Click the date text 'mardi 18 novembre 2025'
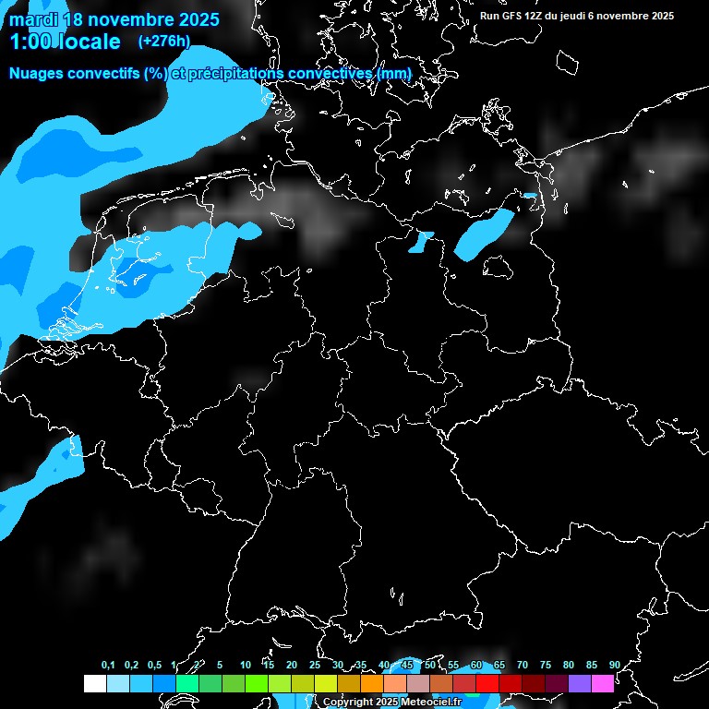[x=114, y=19]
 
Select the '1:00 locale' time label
[x=65, y=42]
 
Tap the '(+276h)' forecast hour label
[x=163, y=41]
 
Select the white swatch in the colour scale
[x=94, y=683]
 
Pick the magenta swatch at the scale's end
[x=603, y=683]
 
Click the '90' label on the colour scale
[x=615, y=665]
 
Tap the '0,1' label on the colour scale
[x=108, y=665]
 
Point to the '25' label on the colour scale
[x=315, y=665]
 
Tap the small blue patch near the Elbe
[x=421, y=242]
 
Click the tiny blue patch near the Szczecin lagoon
[x=529, y=196]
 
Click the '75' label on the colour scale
[x=546, y=665]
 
